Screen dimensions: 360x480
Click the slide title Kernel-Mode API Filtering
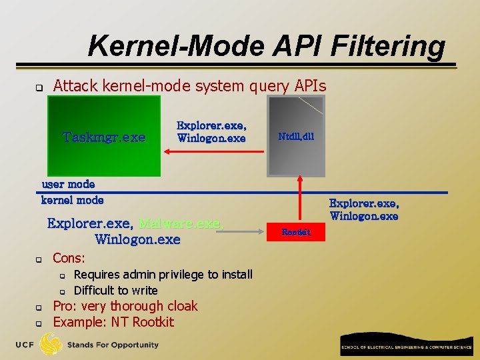(266, 46)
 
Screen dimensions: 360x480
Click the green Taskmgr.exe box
(103, 135)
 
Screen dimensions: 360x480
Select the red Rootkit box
(296, 232)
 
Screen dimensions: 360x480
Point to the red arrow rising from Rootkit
(299, 200)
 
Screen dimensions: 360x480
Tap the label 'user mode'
(69, 184)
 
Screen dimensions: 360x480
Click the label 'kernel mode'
(73, 199)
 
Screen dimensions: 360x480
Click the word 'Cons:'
(69, 258)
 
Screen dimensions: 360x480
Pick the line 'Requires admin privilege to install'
(163, 274)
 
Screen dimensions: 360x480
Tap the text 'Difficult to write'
(115, 290)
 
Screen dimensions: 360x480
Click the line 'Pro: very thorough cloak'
(125, 306)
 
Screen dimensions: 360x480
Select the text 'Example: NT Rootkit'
(113, 322)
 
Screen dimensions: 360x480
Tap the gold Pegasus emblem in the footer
(51, 344)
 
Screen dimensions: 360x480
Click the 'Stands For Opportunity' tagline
(113, 345)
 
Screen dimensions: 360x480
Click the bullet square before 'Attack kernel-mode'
(38, 87)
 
